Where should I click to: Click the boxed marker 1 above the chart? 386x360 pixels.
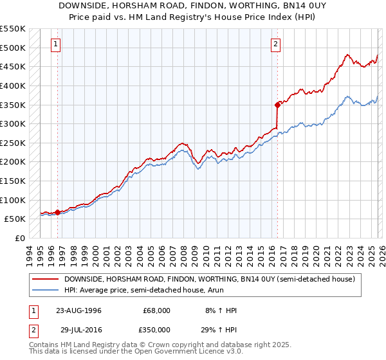[x=56, y=44]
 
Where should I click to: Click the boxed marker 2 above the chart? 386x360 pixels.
[x=275, y=44]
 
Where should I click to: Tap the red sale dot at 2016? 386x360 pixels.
[x=277, y=104]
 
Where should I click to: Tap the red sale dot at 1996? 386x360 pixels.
[x=58, y=212]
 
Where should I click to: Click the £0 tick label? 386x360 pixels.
[x=20, y=238]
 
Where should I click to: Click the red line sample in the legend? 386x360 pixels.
[x=46, y=279]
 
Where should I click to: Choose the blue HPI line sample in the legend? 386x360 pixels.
[x=46, y=290]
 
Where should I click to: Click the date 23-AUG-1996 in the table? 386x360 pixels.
[x=78, y=310]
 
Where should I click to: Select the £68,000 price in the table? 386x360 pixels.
[x=157, y=310]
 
